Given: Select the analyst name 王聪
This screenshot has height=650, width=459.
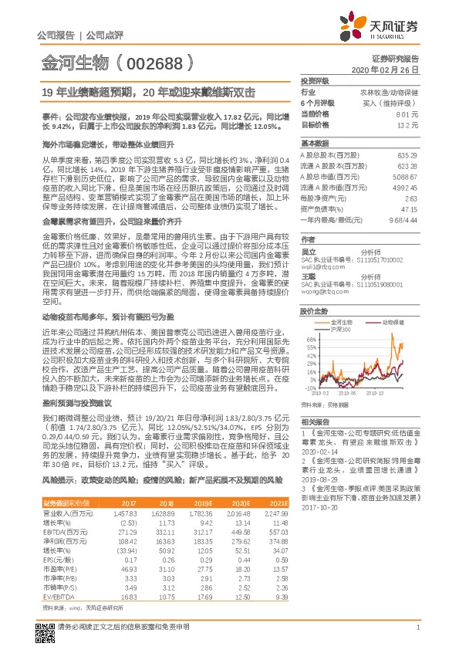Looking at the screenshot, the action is click(x=308, y=275).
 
